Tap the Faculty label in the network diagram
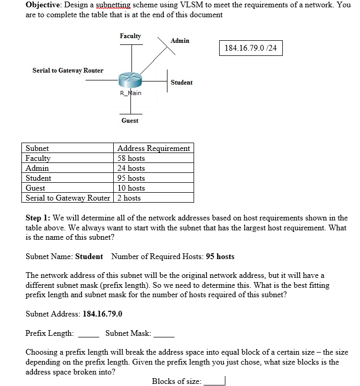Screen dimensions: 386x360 [130, 36]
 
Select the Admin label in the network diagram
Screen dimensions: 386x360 [180, 41]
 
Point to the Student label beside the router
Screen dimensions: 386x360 [182, 83]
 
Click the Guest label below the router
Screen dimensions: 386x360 [130, 121]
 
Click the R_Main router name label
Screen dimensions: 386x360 [130, 93]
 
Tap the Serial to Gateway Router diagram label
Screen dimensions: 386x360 [68, 71]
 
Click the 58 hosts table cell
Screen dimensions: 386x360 [131, 158]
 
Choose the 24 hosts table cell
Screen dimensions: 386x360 [131, 168]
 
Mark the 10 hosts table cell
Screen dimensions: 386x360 [131, 188]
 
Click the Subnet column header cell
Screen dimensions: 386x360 [37, 148]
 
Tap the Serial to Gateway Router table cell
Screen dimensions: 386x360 [68, 198]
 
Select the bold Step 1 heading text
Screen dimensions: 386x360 [38, 218]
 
